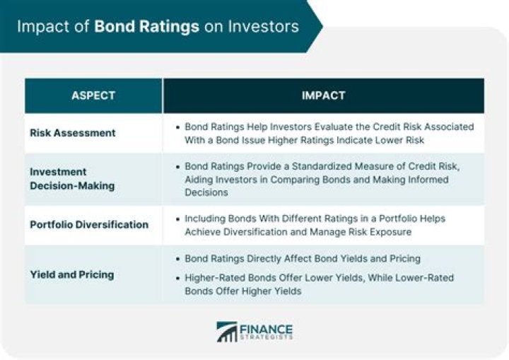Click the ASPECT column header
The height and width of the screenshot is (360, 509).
click(x=93, y=95)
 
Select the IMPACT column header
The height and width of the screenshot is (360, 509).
click(x=323, y=95)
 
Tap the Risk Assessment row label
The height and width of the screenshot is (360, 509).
click(x=73, y=133)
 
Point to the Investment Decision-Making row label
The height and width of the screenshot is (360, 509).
click(x=72, y=179)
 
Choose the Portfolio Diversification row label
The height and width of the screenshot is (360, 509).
click(x=89, y=224)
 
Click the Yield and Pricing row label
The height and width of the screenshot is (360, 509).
click(x=72, y=275)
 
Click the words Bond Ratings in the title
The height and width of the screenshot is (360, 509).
click(x=147, y=27)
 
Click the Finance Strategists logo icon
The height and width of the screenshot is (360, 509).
click(x=227, y=332)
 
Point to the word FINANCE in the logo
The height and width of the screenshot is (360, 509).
click(x=267, y=329)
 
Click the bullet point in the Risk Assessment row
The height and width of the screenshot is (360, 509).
click(x=177, y=127)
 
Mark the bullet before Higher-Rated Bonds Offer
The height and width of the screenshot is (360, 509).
click(x=177, y=278)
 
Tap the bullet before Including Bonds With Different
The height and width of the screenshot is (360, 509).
click(x=177, y=219)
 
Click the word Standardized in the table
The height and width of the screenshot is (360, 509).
click(x=322, y=166)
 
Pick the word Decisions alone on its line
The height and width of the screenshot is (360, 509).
click(x=206, y=192)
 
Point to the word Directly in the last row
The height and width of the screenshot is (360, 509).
click(x=264, y=259)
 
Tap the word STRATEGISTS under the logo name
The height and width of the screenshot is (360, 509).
click(x=267, y=337)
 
